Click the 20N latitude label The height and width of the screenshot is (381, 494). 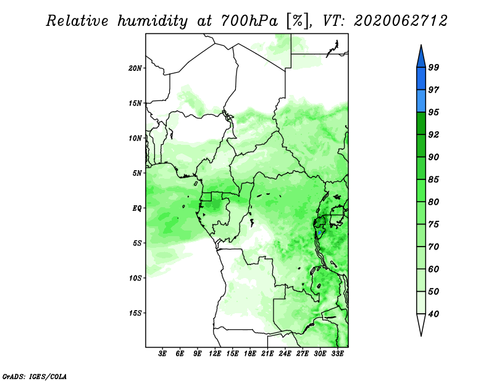coord(135,68)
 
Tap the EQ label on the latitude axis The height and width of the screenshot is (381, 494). coord(137,208)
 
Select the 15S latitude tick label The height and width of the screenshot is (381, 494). coord(135,313)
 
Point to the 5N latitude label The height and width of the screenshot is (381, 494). coord(137,173)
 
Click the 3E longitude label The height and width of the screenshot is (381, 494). coord(162,354)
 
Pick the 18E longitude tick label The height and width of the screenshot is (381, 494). coord(249,354)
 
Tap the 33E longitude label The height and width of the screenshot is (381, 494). coord(337,354)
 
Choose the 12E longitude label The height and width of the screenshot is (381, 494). coord(214,354)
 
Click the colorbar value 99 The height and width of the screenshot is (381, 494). coord(433,67)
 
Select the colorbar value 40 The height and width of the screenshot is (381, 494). coord(433,314)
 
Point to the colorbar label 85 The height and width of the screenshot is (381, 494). coord(433,179)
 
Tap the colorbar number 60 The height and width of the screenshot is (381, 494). coord(433,269)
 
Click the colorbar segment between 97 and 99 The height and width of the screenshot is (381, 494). coord(421,79)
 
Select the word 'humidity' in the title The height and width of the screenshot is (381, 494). coord(153,21)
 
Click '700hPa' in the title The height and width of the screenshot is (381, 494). coord(249,21)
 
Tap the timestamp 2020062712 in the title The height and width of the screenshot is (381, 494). coord(401,21)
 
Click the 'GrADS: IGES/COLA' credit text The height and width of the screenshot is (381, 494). coord(35,376)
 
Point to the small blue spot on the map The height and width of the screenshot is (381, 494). coord(319,233)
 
